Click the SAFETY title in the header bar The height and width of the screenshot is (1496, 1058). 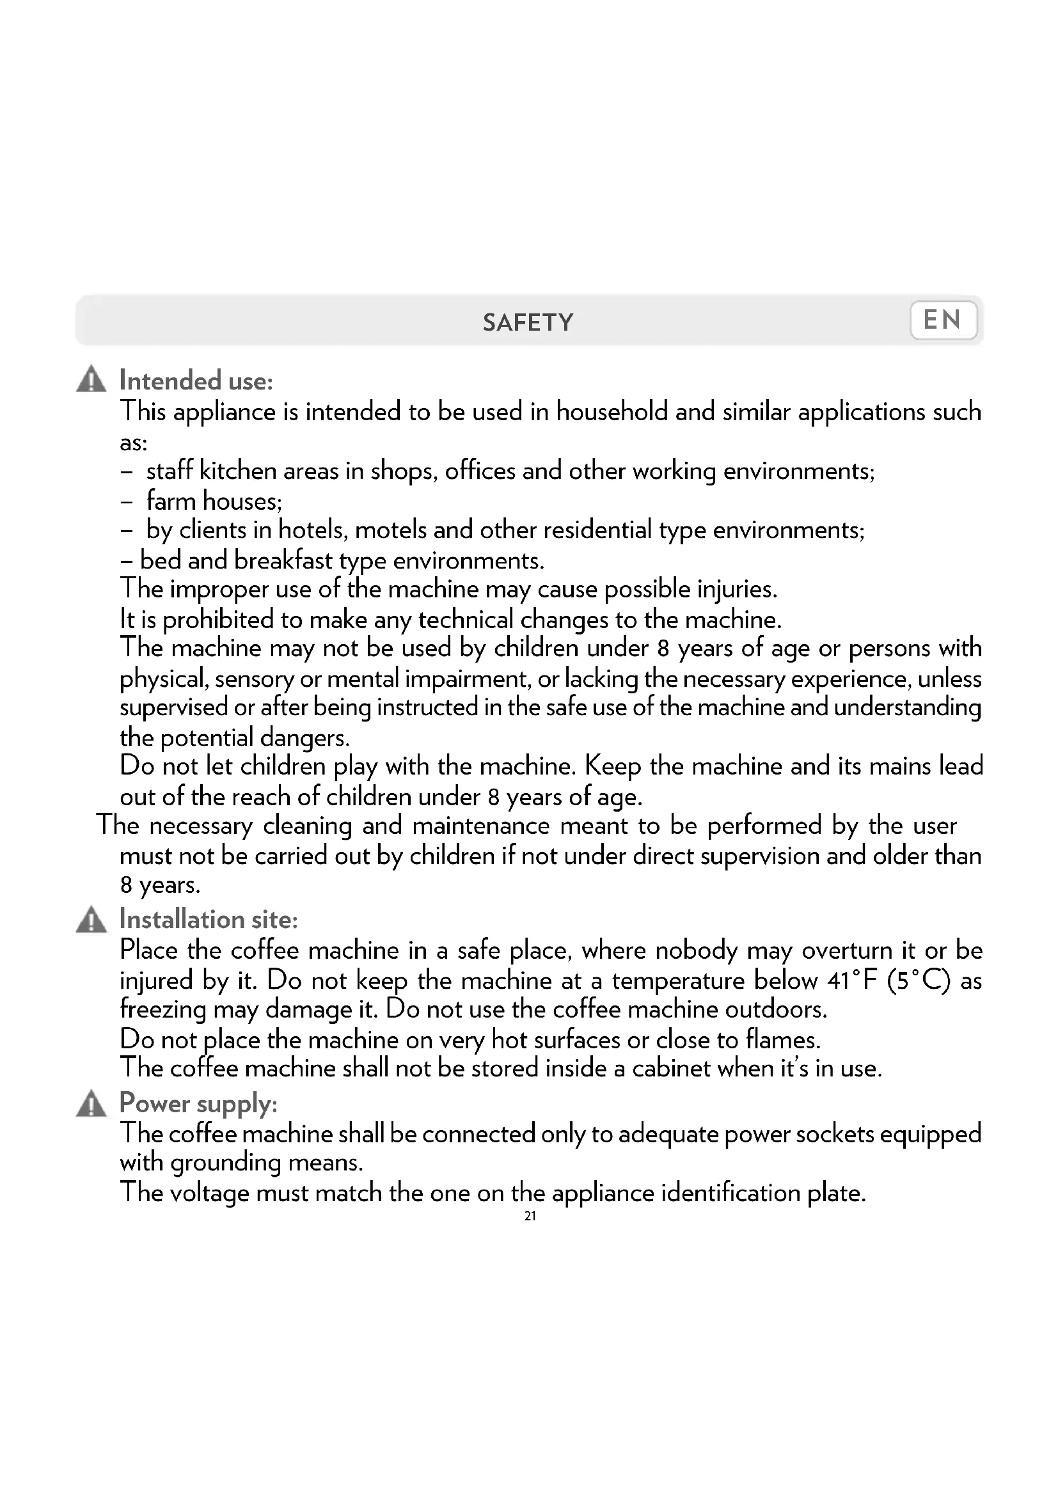tap(528, 322)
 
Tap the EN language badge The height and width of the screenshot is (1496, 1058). tap(943, 320)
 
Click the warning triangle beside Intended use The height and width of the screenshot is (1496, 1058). tap(91, 380)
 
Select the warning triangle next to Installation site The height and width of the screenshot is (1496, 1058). tap(91, 919)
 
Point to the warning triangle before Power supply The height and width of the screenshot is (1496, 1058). tap(91, 1104)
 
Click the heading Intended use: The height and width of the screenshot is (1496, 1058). tap(196, 381)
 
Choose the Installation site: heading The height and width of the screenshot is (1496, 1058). tap(209, 919)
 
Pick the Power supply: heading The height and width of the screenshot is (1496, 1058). tap(198, 1104)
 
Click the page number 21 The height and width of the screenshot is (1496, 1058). tap(530, 1216)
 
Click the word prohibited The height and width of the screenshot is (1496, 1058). tap(217, 620)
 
